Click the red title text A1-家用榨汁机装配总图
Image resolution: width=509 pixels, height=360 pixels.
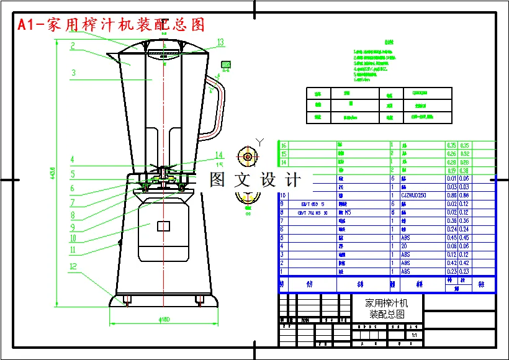[x=111, y=25]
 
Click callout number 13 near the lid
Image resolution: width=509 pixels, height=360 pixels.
[x=220, y=42]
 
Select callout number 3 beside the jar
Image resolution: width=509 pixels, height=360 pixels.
[x=73, y=73]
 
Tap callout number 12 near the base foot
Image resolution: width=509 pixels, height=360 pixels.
[x=74, y=268]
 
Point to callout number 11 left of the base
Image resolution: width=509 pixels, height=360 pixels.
[x=73, y=250]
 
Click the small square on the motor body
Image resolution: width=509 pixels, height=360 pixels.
[x=163, y=227]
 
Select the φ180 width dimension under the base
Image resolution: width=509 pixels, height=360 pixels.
[x=164, y=320]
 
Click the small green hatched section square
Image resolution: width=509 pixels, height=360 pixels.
[x=227, y=63]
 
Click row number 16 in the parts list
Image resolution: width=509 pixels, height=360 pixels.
[x=284, y=145]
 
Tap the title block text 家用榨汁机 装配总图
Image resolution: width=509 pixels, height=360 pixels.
[x=386, y=308]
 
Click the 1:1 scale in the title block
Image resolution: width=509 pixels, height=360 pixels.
[x=414, y=335]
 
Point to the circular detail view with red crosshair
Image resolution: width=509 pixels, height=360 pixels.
[x=248, y=157]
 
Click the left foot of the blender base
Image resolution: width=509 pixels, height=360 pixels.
[x=127, y=300]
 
